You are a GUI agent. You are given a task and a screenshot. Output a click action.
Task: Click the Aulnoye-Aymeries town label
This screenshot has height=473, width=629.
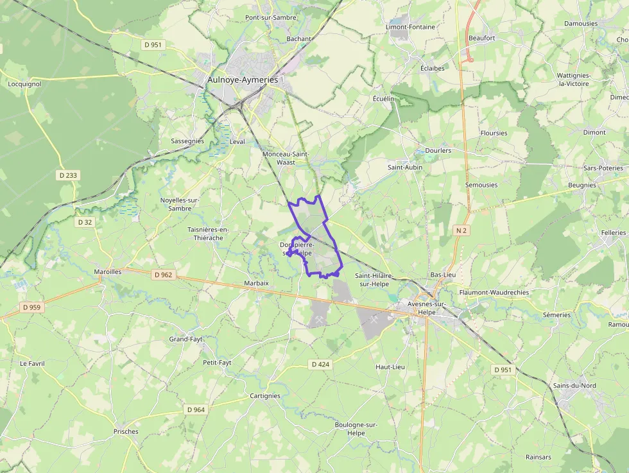(x=243, y=80)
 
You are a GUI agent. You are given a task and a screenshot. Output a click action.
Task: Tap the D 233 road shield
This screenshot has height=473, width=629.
(x=67, y=175)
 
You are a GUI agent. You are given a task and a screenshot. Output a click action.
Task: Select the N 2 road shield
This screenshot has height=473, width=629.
(x=461, y=230)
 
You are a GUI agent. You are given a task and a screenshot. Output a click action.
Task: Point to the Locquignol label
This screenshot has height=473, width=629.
(x=24, y=84)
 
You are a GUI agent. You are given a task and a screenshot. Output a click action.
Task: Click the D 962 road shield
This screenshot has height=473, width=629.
(x=164, y=275)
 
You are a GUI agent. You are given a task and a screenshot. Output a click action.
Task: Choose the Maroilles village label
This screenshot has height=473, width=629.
(x=107, y=271)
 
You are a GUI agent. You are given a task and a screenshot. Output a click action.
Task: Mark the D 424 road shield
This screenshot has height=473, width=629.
(x=320, y=365)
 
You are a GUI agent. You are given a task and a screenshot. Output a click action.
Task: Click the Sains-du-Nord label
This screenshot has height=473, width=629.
(x=574, y=386)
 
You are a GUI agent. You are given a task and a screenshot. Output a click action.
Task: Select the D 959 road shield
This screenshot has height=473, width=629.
(x=31, y=307)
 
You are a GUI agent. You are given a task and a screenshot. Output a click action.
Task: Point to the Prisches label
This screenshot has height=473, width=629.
(x=126, y=431)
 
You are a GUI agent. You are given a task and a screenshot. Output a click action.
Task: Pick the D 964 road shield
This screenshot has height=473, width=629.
(x=196, y=409)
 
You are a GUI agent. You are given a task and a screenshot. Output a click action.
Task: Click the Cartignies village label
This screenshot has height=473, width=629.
(x=265, y=396)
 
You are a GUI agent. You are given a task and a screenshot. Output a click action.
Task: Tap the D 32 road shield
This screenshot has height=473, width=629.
(x=85, y=222)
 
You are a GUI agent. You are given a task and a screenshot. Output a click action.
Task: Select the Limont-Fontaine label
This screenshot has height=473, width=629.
(x=410, y=27)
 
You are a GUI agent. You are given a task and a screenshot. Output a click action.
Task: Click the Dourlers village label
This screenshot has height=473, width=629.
(x=438, y=151)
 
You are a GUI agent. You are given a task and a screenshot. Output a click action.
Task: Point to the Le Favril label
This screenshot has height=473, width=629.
(x=32, y=363)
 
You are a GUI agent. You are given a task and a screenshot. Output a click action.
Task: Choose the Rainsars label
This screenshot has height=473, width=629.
(x=538, y=457)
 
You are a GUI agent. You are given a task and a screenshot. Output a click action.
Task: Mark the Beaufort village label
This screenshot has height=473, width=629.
(x=481, y=38)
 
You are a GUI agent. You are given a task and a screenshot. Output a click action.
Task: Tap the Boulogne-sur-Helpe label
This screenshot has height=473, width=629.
(x=356, y=429)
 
